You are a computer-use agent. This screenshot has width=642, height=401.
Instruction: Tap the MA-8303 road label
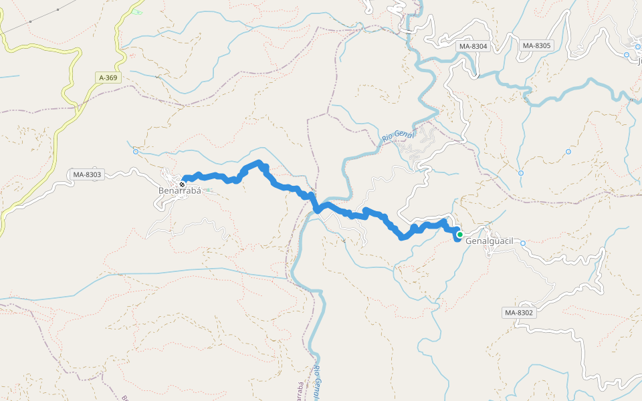[87, 175]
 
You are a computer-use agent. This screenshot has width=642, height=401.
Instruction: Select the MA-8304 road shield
[473, 46]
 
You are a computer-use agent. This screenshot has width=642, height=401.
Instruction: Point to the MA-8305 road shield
[536, 45]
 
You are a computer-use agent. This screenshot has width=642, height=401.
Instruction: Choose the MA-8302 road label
[519, 312]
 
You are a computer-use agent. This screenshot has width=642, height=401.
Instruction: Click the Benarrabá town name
[179, 190]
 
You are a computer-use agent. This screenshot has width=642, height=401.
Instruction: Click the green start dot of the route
[460, 234]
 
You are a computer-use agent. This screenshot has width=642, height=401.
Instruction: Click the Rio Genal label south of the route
[319, 384]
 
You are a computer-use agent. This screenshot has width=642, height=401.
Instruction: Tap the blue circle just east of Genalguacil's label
[523, 243]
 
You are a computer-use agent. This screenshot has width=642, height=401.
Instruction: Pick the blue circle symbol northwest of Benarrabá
[136, 152]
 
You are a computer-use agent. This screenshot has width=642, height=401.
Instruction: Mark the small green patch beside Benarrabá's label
[207, 190]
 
